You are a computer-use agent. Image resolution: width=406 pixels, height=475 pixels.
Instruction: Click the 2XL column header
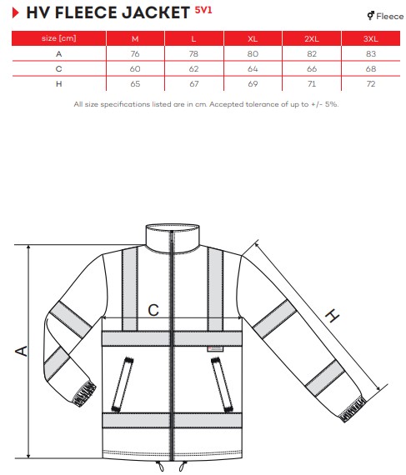pyautogui.click(x=312, y=39)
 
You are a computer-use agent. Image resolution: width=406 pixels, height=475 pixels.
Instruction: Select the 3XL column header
pyautogui.click(x=371, y=39)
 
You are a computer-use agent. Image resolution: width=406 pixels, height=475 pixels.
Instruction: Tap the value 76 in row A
pyautogui.click(x=135, y=54)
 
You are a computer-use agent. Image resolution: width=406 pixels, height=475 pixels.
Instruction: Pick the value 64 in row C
pyautogui.click(x=253, y=69)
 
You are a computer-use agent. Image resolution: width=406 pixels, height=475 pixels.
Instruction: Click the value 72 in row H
pyautogui.click(x=371, y=84)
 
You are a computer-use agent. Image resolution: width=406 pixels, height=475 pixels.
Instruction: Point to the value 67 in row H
pyautogui.click(x=194, y=84)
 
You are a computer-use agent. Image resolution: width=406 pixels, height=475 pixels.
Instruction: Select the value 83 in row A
pyautogui.click(x=371, y=54)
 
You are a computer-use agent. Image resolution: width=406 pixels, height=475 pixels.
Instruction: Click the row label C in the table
pyautogui.click(x=59, y=69)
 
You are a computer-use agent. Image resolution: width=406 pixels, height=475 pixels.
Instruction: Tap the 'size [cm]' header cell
pyautogui.click(x=59, y=38)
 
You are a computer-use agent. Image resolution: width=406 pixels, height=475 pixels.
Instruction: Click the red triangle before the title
pyautogui.click(x=16, y=12)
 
